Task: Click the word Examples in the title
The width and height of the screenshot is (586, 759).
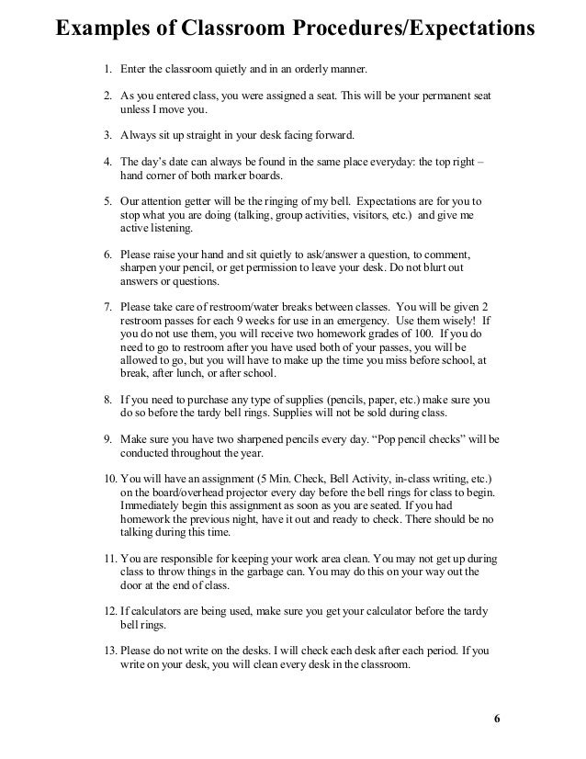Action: click(102, 30)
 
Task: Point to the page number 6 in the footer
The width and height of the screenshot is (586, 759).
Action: click(497, 718)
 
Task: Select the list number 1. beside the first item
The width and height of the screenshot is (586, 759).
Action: click(107, 70)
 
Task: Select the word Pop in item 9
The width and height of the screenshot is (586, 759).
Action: click(383, 440)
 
